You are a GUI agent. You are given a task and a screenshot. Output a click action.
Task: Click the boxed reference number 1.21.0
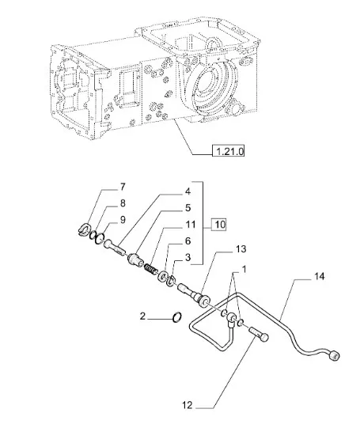tap(229, 151)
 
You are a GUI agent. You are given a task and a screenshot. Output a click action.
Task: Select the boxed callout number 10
tap(220, 225)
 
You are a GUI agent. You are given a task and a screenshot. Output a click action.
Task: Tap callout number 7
tap(122, 187)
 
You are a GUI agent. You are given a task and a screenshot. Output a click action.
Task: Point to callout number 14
tap(320, 276)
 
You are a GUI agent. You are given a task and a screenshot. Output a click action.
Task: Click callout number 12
tap(188, 405)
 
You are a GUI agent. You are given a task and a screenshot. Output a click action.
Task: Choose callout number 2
tap(142, 316)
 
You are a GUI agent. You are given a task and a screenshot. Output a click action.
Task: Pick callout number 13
tap(241, 249)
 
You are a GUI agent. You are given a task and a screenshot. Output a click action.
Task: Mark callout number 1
tap(244, 269)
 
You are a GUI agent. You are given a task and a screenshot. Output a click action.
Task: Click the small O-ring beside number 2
tap(176, 317)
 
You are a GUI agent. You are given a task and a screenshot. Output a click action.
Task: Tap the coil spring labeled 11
tap(150, 268)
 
